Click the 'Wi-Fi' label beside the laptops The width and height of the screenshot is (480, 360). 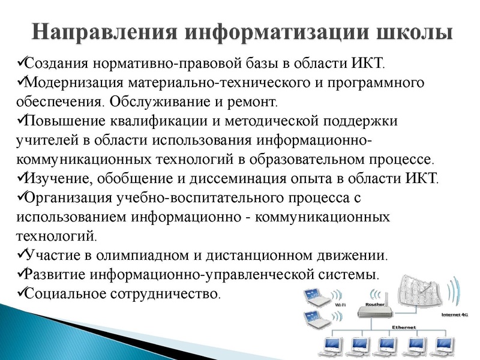point(340,305)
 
